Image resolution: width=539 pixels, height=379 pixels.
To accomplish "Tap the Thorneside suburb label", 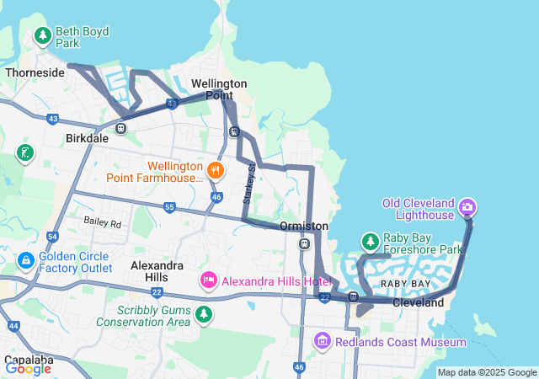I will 35,73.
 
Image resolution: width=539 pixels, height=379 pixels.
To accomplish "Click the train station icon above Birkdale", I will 121,128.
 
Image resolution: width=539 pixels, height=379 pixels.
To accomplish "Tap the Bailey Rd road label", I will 102,223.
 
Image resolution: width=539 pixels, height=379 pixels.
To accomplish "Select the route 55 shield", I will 169,207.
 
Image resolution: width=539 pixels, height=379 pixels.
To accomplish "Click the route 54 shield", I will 52,238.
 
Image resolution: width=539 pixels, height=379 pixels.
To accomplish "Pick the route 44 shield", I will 13,325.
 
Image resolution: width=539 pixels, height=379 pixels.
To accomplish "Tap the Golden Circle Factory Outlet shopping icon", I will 26,261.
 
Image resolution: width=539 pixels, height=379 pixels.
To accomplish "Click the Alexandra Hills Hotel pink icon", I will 208,279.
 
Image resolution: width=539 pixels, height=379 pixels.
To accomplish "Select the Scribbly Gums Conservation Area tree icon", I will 203,314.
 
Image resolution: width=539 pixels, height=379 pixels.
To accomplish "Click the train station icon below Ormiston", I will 304,244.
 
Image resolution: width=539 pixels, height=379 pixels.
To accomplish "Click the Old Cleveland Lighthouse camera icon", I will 468,206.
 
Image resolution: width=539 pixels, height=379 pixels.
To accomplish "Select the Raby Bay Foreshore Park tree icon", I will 370,243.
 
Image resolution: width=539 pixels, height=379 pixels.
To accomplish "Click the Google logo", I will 29,368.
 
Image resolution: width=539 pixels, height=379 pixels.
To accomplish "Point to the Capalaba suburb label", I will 29,360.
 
